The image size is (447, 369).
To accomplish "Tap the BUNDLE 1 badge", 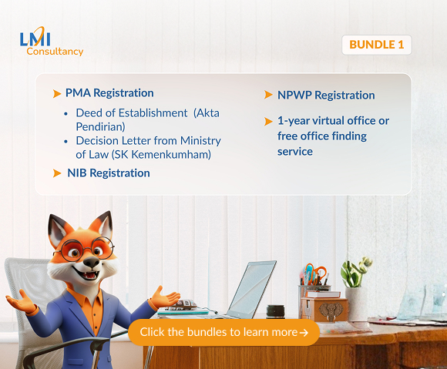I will (376, 45).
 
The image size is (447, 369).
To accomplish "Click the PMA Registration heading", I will (109, 93).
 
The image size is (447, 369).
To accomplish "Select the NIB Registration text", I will (109, 173).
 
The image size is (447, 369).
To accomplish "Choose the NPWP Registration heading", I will (326, 96).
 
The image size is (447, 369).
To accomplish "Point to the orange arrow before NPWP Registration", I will (269, 96).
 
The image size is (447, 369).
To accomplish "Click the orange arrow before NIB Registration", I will (57, 173).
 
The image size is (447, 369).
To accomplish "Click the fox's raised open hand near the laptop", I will (163, 297).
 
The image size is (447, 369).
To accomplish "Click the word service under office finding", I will (295, 152).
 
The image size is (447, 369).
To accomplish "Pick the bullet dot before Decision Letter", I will (67, 141).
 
